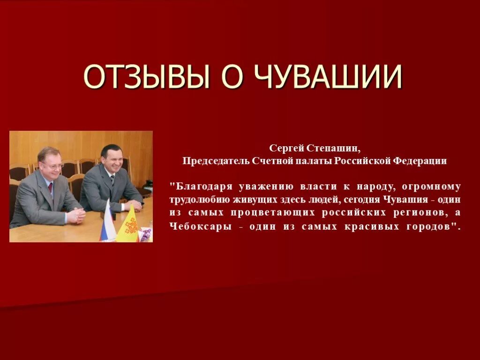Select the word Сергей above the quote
[287, 149]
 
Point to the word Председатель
[210, 161]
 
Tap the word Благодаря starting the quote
[201, 186]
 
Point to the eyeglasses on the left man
[52, 165]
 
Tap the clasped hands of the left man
[76, 215]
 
